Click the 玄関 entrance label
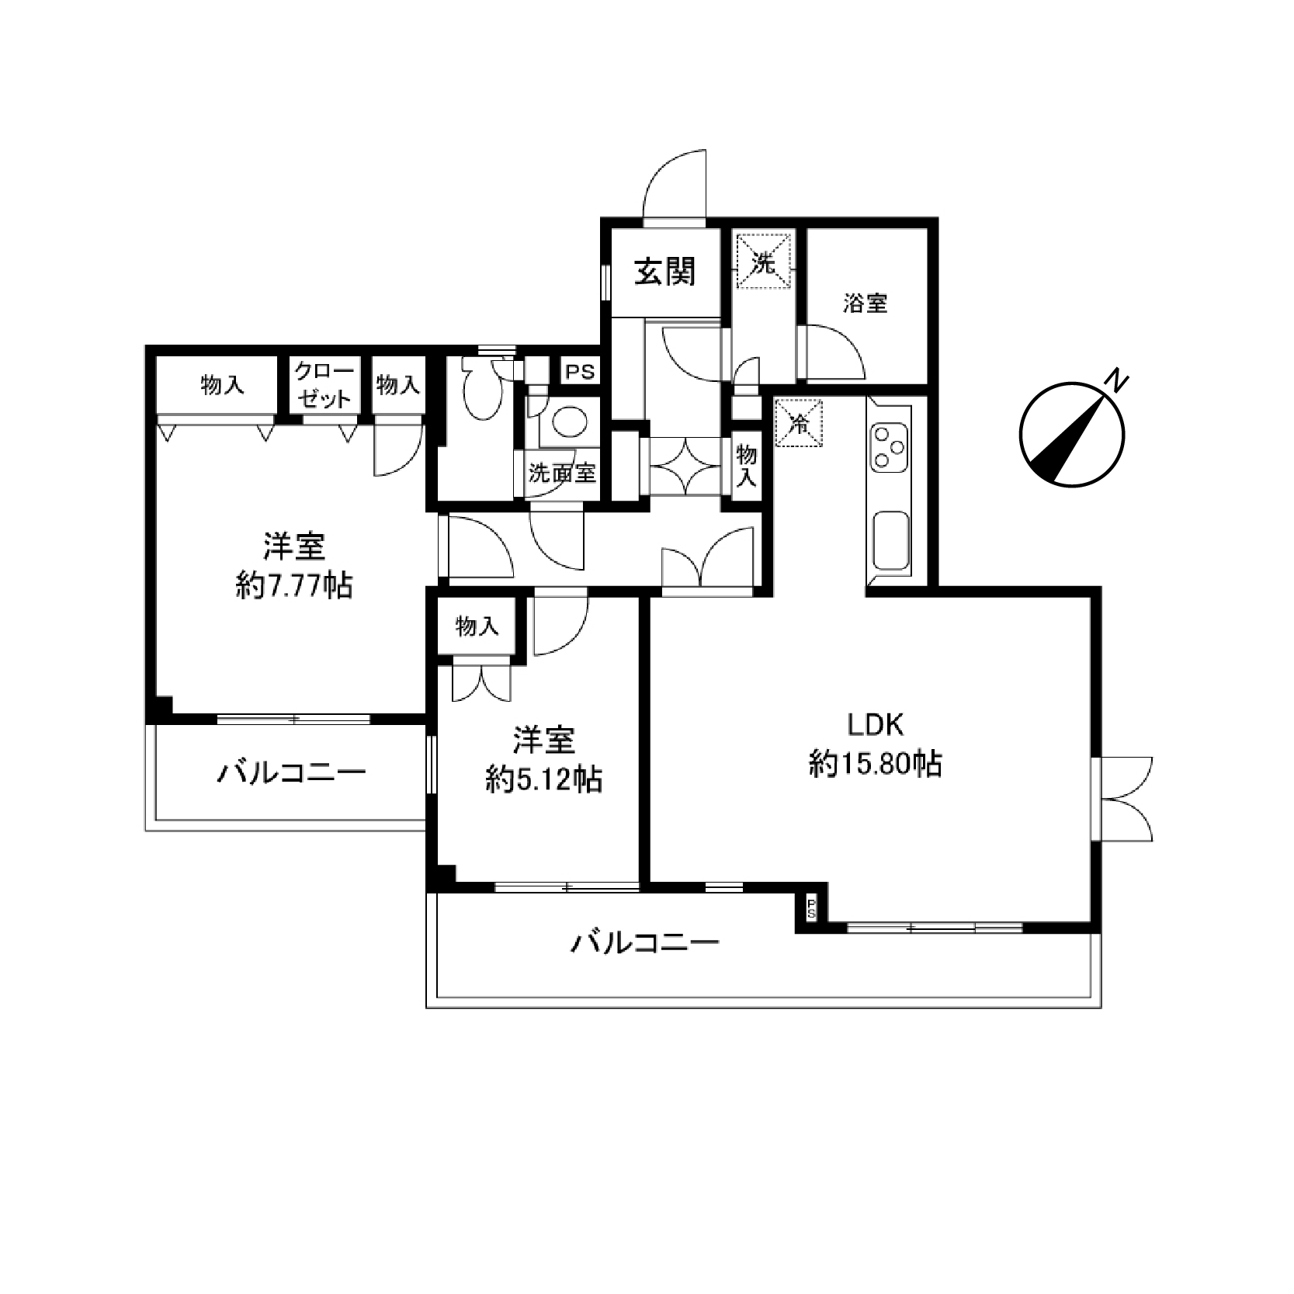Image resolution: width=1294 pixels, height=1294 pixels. (665, 272)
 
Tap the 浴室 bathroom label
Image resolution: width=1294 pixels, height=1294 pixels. (866, 303)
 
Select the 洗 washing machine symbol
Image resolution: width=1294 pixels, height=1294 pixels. (765, 261)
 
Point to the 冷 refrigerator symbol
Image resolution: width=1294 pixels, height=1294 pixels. (798, 424)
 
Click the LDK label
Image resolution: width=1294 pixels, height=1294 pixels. (875, 726)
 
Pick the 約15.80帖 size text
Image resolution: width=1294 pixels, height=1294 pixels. (875, 765)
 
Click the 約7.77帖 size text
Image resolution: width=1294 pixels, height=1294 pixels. (293, 586)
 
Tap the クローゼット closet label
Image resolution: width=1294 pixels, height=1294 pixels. (324, 385)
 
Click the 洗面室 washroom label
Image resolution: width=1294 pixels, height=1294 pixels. (562, 473)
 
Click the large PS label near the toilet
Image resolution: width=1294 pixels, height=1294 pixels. (579, 372)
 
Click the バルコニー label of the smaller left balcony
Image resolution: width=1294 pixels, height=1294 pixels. (291, 773)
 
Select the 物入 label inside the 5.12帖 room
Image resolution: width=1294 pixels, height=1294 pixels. (477, 626)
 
